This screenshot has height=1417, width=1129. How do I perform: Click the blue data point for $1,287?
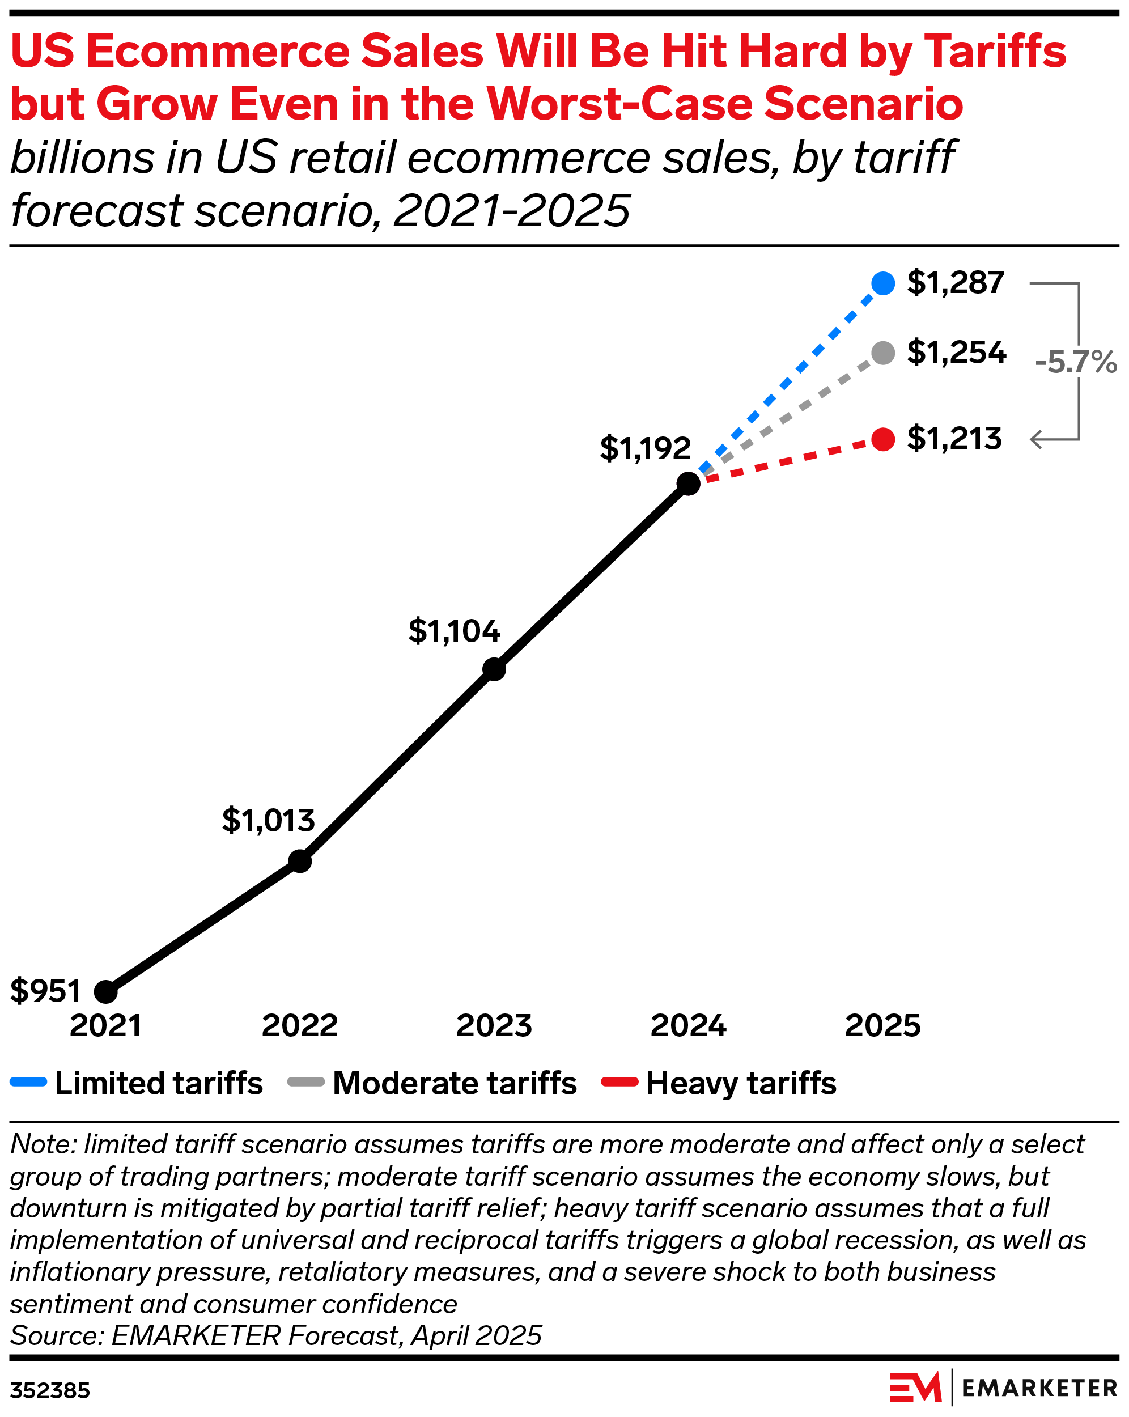(882, 283)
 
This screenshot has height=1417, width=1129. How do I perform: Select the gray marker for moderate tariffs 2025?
(882, 353)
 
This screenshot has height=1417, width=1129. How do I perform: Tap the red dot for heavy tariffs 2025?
(882, 439)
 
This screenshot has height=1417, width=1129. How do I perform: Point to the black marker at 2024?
(688, 483)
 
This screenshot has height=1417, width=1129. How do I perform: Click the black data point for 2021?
(106, 992)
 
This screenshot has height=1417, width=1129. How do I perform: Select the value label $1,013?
(268, 820)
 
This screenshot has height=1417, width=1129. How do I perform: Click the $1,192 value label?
(644, 448)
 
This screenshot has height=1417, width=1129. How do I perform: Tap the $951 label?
(45, 990)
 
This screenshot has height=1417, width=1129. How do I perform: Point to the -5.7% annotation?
(1075, 362)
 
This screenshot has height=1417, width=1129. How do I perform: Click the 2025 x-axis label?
(882, 1026)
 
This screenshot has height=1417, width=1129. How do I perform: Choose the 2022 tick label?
(300, 1026)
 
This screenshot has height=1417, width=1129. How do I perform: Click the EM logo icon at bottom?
(915, 1388)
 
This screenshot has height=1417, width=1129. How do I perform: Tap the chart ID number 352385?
(50, 1391)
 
